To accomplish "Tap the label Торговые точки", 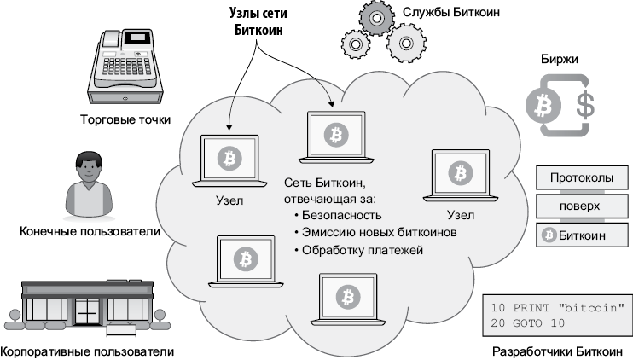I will (x=125, y=120).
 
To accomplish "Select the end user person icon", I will (x=88, y=185).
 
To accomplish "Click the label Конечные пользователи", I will (x=90, y=231).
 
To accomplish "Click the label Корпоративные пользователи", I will (x=88, y=351).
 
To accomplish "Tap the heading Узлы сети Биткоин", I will (x=257, y=21).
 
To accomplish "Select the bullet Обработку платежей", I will (x=362, y=250).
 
